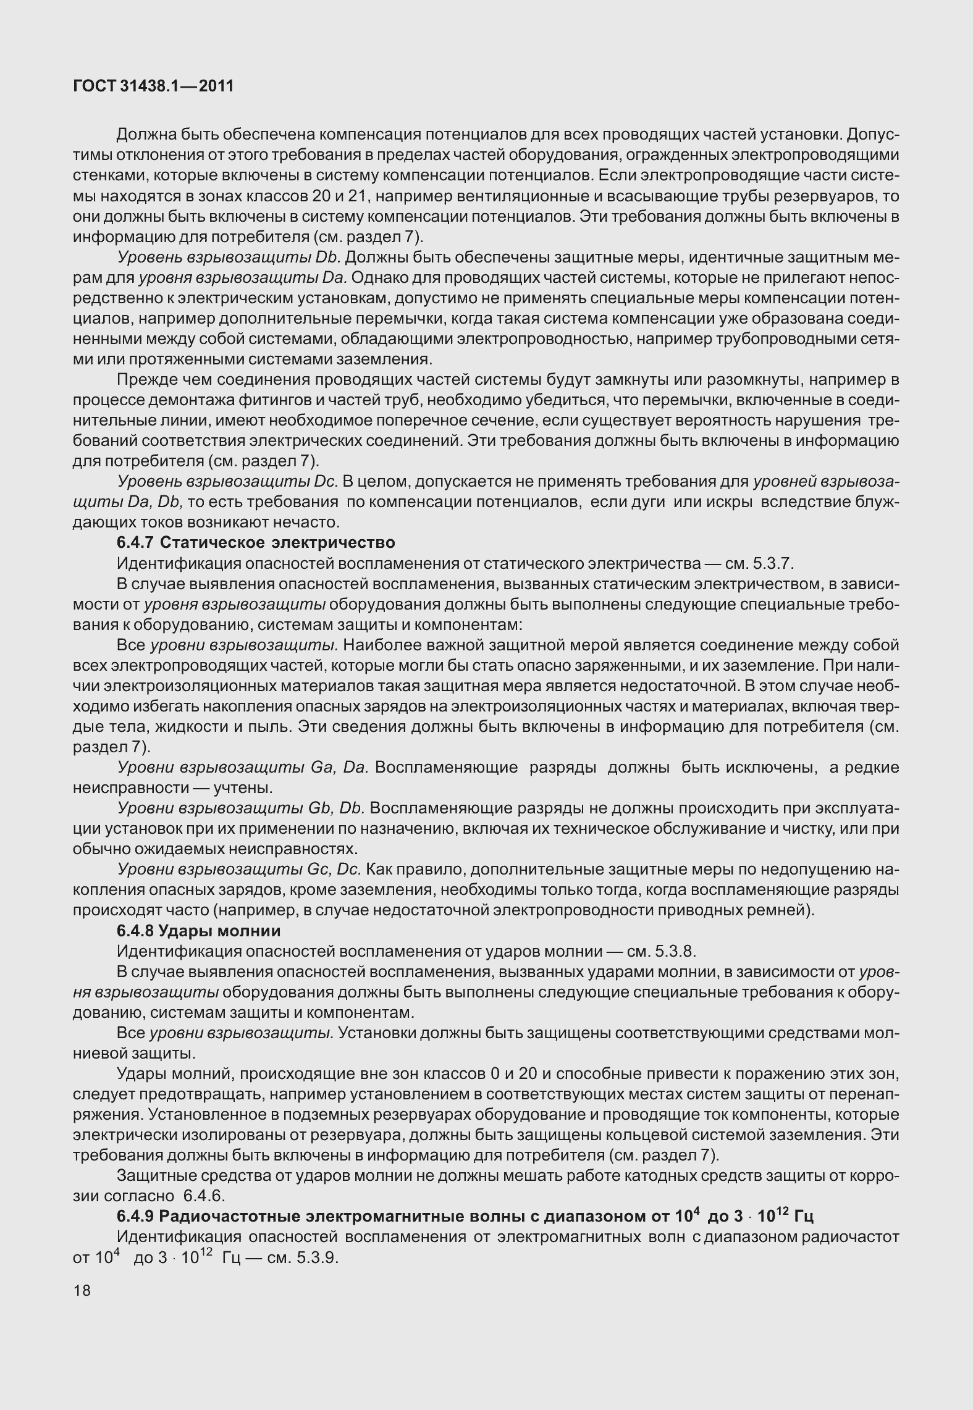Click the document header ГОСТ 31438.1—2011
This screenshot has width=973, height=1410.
[x=153, y=86]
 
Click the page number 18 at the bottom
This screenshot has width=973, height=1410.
[x=82, y=1291]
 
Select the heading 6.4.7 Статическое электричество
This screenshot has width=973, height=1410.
[x=256, y=543]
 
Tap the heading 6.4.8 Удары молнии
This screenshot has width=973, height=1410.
[x=198, y=931]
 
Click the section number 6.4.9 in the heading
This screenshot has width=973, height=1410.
[x=135, y=1217]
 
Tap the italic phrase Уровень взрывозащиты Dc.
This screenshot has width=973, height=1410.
[x=227, y=482]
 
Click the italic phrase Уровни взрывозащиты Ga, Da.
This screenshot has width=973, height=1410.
[x=242, y=768]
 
